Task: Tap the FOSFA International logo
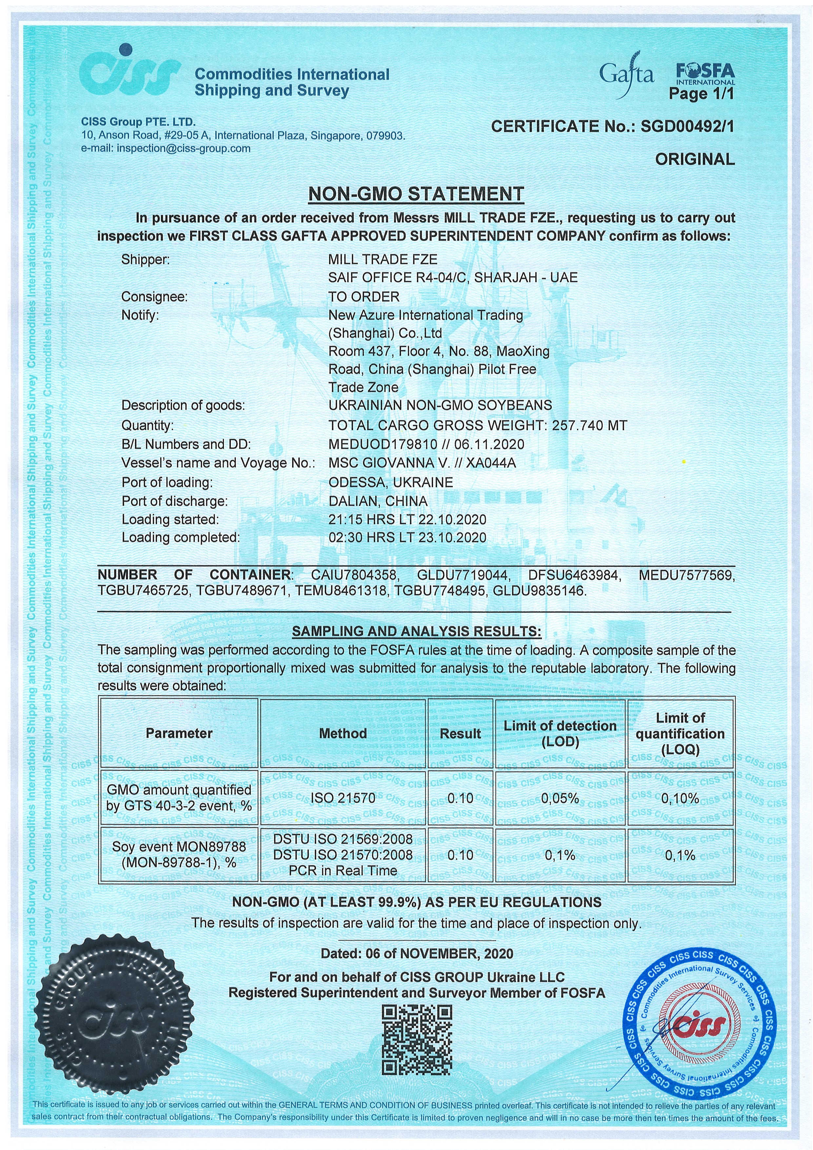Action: pyautogui.click(x=705, y=74)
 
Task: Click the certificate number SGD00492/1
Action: pyautogui.click(x=687, y=127)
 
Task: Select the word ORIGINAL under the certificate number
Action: pyautogui.click(x=694, y=159)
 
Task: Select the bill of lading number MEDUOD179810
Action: pyautogui.click(x=386, y=444)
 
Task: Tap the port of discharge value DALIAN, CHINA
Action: pyautogui.click(x=378, y=501)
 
